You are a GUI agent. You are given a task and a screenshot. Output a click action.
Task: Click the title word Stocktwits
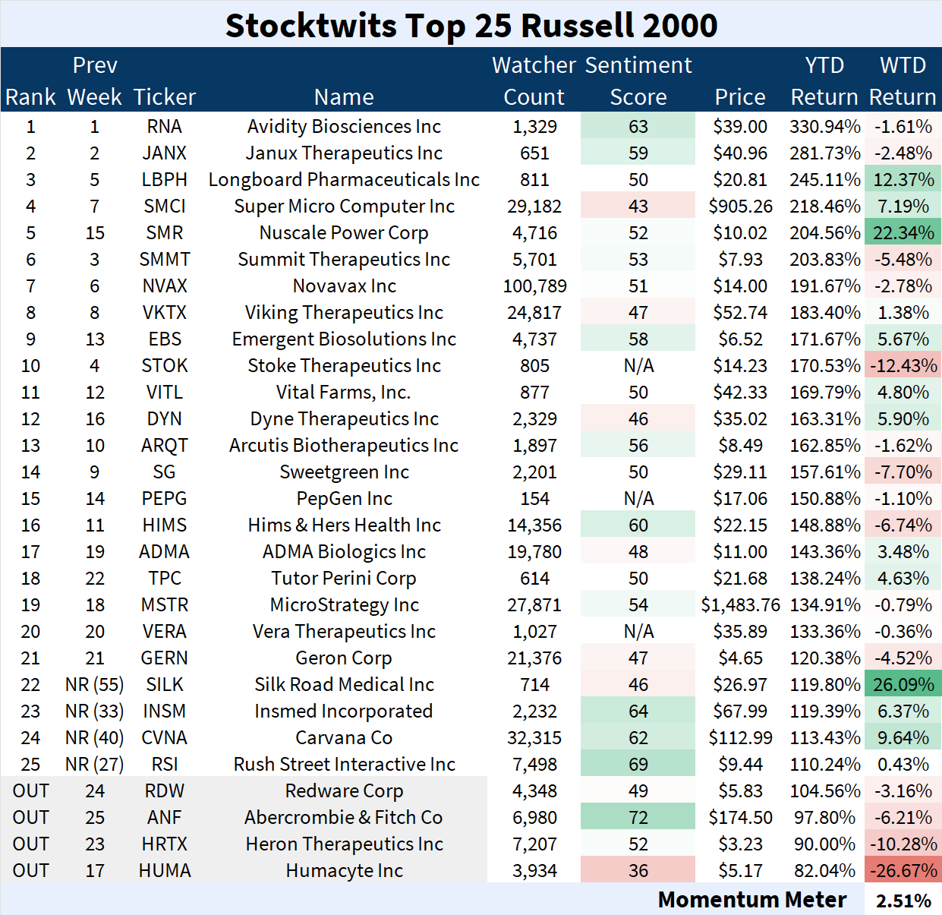pyautogui.click(x=310, y=26)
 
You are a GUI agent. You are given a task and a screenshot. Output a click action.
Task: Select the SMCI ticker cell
pyautogui.click(x=164, y=207)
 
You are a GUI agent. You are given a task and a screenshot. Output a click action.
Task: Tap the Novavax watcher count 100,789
pyautogui.click(x=534, y=286)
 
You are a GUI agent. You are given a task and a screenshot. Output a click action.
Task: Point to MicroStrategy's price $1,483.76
pyautogui.click(x=740, y=605)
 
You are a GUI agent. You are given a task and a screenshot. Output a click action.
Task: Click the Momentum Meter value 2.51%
pyautogui.click(x=903, y=901)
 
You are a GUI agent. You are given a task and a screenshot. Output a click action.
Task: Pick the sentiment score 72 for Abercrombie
pyautogui.click(x=638, y=818)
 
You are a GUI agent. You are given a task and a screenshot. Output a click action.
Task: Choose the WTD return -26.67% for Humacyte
pyautogui.click(x=903, y=871)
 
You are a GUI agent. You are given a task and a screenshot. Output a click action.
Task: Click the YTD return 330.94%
pyautogui.click(x=824, y=127)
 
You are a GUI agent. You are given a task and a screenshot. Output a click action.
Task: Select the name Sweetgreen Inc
pyautogui.click(x=344, y=472)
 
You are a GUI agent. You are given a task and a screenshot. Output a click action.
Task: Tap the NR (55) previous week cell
pyautogui.click(x=94, y=685)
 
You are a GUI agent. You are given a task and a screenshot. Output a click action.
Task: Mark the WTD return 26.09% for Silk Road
pyautogui.click(x=903, y=685)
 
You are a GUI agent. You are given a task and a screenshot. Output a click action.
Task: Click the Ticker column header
pyautogui.click(x=164, y=97)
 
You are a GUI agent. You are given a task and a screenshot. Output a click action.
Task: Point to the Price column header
pyautogui.click(x=740, y=97)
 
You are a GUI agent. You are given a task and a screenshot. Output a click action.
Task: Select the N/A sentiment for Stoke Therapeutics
pyautogui.click(x=638, y=366)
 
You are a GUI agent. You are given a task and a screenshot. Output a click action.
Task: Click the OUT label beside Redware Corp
pyautogui.click(x=30, y=791)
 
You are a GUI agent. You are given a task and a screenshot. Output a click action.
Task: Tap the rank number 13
pyautogui.click(x=30, y=446)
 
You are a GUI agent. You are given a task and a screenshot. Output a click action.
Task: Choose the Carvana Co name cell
pyautogui.click(x=344, y=738)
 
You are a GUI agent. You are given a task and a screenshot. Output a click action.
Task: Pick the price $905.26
pyautogui.click(x=740, y=207)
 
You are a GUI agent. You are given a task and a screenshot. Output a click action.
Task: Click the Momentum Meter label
pyautogui.click(x=751, y=900)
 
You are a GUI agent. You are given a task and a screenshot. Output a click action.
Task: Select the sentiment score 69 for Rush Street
pyautogui.click(x=638, y=765)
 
